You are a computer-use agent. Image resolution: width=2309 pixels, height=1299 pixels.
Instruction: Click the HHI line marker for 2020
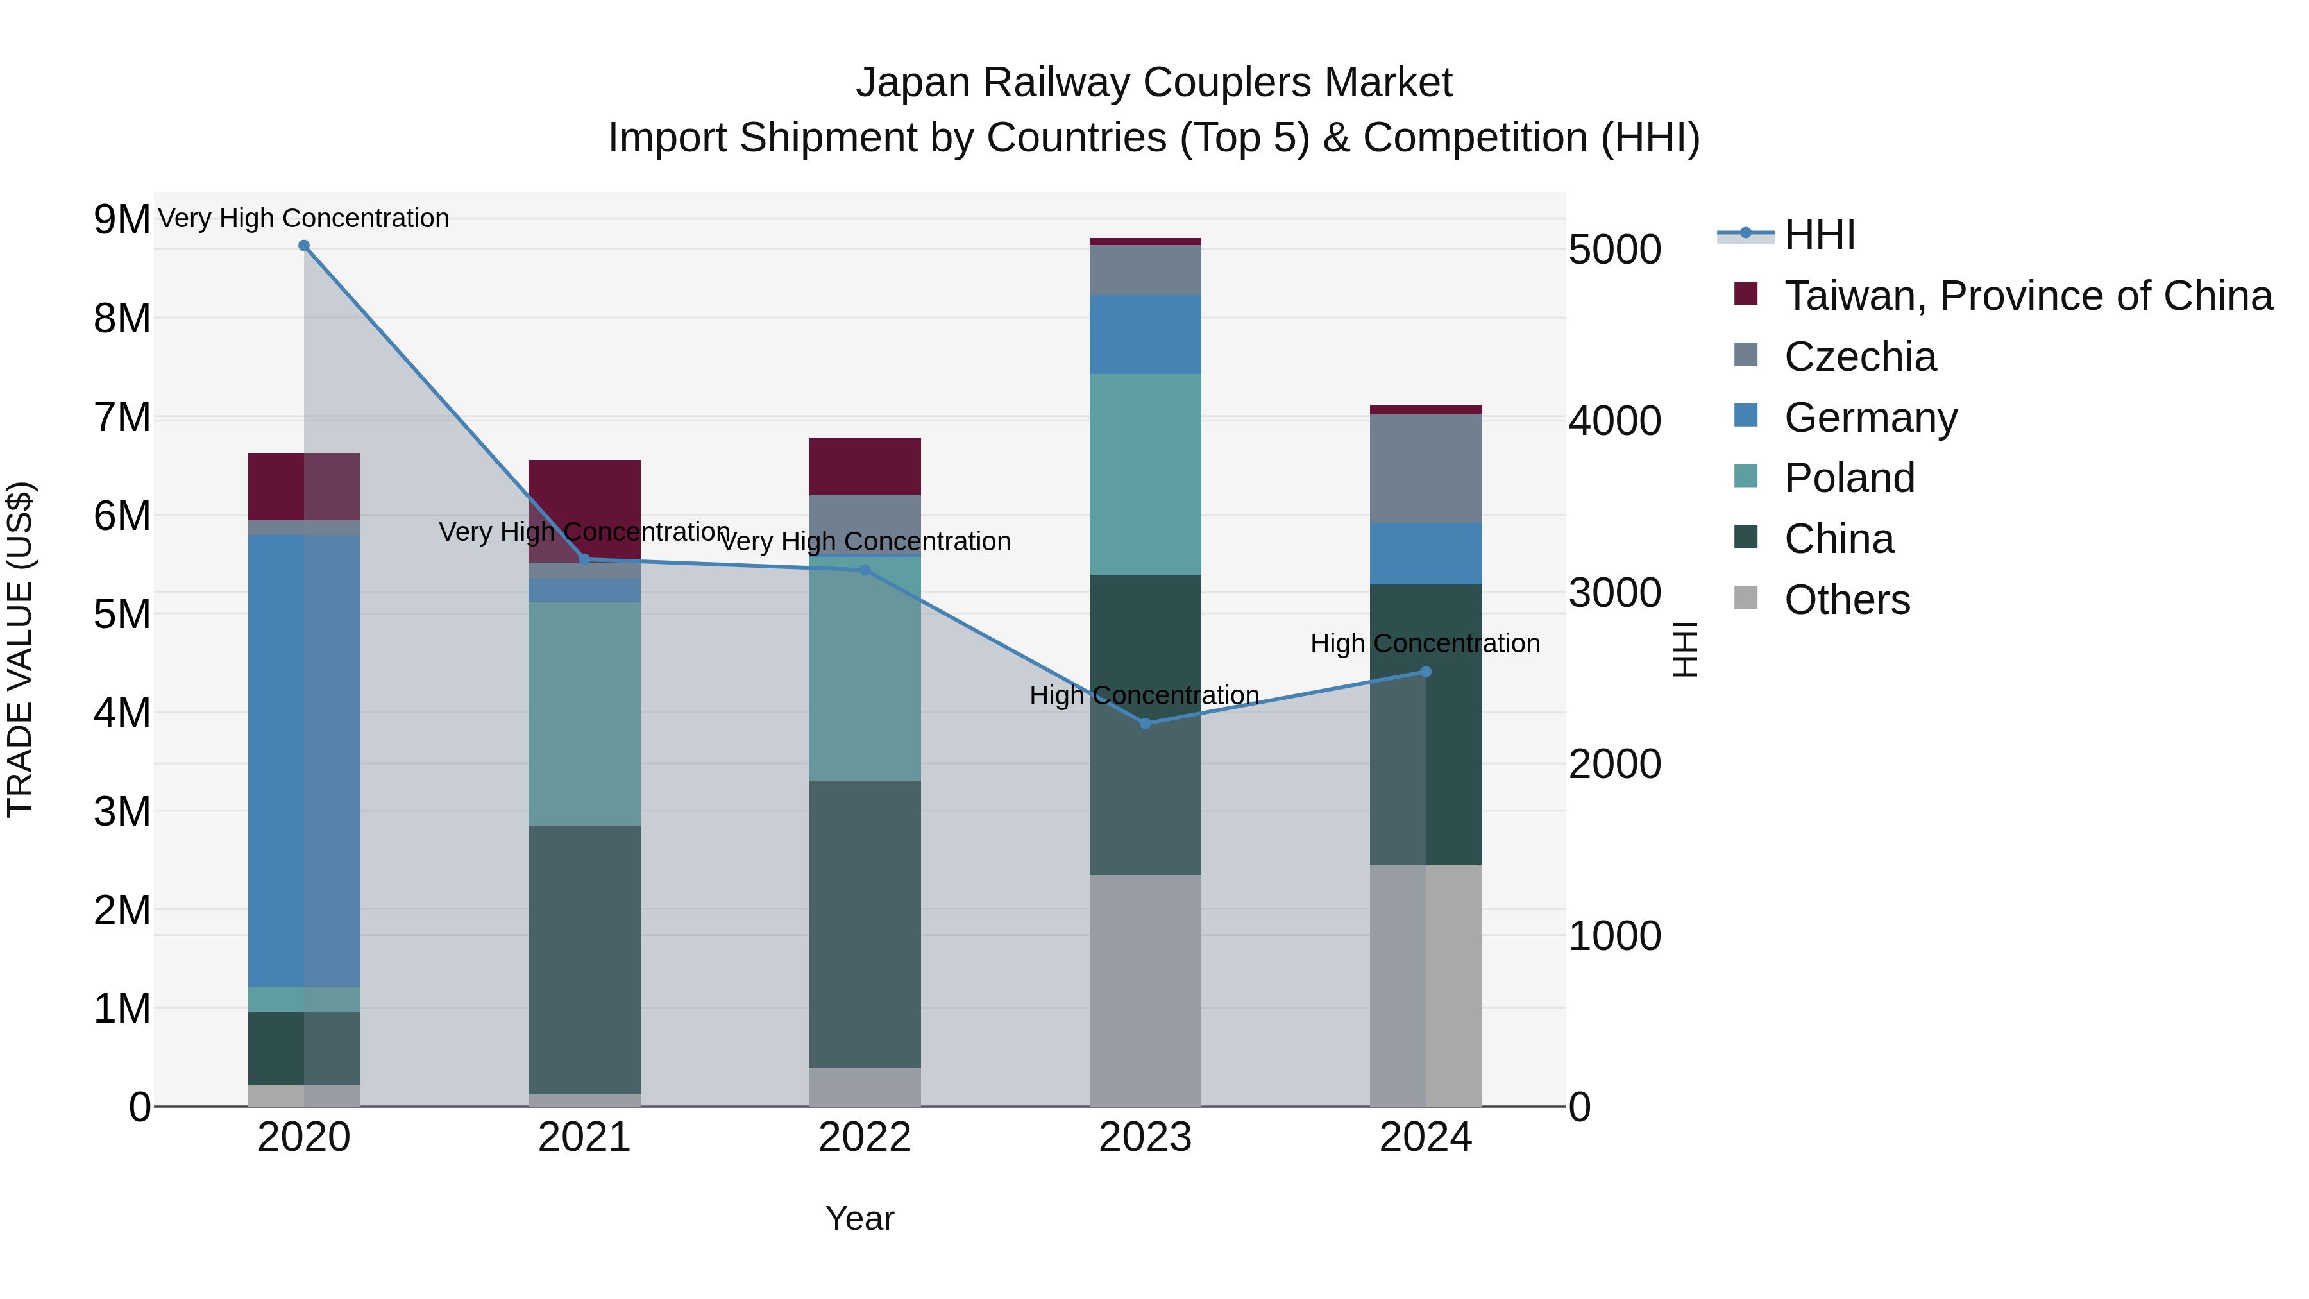tap(304, 246)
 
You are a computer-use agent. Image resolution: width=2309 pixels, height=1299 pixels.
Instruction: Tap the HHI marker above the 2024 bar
tap(1425, 672)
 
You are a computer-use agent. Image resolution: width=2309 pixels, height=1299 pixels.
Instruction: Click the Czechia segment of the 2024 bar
tap(1425, 468)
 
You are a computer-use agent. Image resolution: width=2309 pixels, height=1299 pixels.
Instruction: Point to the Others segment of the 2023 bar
tap(1145, 990)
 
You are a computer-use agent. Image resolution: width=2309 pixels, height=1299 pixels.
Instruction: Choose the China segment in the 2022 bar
tap(864, 923)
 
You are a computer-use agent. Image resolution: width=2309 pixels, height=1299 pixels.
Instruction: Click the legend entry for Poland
tap(1848, 478)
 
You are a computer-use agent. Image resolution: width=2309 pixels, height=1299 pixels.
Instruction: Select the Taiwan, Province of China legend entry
tap(2027, 296)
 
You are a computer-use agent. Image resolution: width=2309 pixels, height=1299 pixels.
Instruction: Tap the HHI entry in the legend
tap(1819, 235)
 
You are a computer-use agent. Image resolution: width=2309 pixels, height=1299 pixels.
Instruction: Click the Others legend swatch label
tap(1847, 600)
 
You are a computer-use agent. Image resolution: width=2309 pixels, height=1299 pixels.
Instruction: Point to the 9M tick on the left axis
tap(122, 219)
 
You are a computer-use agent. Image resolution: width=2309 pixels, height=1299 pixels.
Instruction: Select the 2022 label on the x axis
tap(864, 1137)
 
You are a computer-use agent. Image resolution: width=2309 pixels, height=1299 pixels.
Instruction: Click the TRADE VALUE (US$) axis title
tap(20, 649)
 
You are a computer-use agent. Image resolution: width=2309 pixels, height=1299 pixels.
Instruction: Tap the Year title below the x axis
tap(859, 1218)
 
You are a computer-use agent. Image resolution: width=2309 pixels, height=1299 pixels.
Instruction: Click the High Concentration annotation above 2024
tap(1425, 643)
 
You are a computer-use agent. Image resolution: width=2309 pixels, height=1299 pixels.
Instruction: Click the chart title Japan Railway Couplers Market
tap(1154, 83)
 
